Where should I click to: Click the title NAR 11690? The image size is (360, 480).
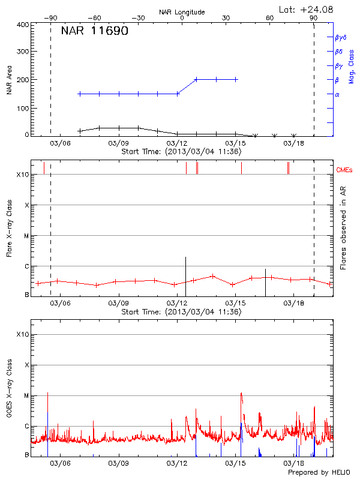pos(94,31)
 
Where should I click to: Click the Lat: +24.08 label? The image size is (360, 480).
pos(307,9)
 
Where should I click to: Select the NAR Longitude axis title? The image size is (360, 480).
pos(182,12)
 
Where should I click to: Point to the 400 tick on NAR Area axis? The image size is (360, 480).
pos(23,25)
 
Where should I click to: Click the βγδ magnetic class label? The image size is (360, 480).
pos(341,37)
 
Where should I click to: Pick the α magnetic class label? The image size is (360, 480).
pos(337,94)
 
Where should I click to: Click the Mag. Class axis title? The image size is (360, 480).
pos(351,67)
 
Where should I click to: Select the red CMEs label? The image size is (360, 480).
pos(345,170)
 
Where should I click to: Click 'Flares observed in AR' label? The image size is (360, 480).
pos(343,231)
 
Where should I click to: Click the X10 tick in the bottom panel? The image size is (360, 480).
pos(22,334)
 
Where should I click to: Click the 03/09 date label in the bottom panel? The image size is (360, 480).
pos(119,463)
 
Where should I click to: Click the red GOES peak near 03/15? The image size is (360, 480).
pos(241,395)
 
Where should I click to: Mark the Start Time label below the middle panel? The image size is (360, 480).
pos(181,312)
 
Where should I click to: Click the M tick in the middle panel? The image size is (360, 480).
pos(26,236)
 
